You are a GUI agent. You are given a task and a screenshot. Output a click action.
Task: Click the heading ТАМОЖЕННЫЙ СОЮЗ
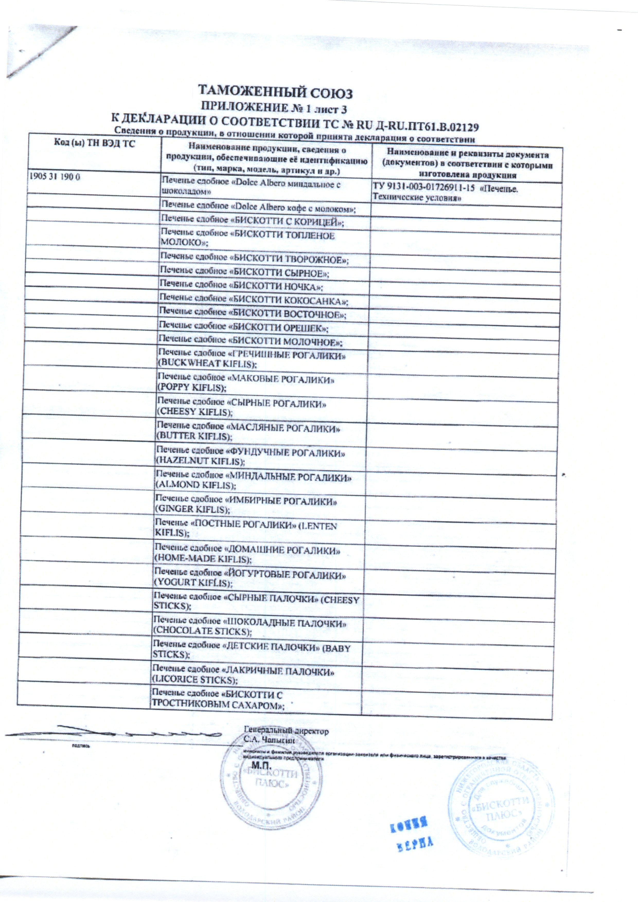tap(275, 93)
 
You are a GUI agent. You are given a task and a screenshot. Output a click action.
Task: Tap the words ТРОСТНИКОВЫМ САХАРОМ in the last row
tap(218, 705)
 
